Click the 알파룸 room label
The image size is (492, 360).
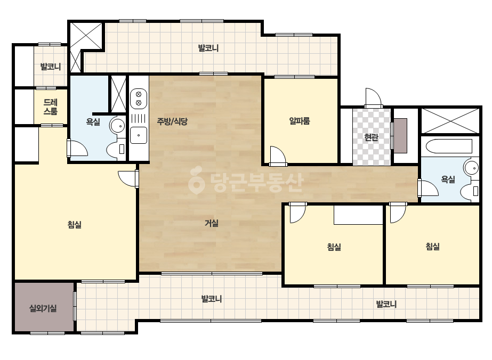tap(300, 121)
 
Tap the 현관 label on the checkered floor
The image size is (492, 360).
tap(371, 137)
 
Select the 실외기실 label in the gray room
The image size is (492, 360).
tap(43, 308)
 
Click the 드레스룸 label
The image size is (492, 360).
tap(51, 107)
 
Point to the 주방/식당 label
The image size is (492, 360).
tap(172, 121)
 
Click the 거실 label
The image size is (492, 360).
tap(212, 223)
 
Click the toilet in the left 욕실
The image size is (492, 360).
tap(116, 149)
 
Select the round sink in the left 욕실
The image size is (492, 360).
tap(117, 126)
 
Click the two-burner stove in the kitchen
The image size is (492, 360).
tap(139, 98)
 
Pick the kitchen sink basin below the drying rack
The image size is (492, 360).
tap(139, 135)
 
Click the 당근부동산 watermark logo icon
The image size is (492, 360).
tap(196, 180)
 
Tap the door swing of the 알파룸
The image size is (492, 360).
tap(278, 156)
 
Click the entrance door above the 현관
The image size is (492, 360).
tap(373, 98)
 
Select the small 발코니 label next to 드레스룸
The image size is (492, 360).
tap(51, 67)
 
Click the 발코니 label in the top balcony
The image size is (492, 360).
tap(208, 48)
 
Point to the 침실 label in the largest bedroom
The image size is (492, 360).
tap(75, 225)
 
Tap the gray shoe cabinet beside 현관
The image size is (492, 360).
tap(400, 136)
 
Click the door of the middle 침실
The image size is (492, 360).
tap(297, 212)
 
